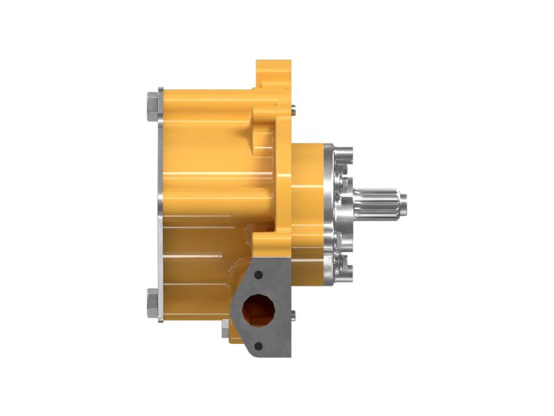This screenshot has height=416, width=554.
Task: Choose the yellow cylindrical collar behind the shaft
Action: click(308, 208)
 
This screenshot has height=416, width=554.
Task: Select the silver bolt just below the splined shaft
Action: click(344, 239)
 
